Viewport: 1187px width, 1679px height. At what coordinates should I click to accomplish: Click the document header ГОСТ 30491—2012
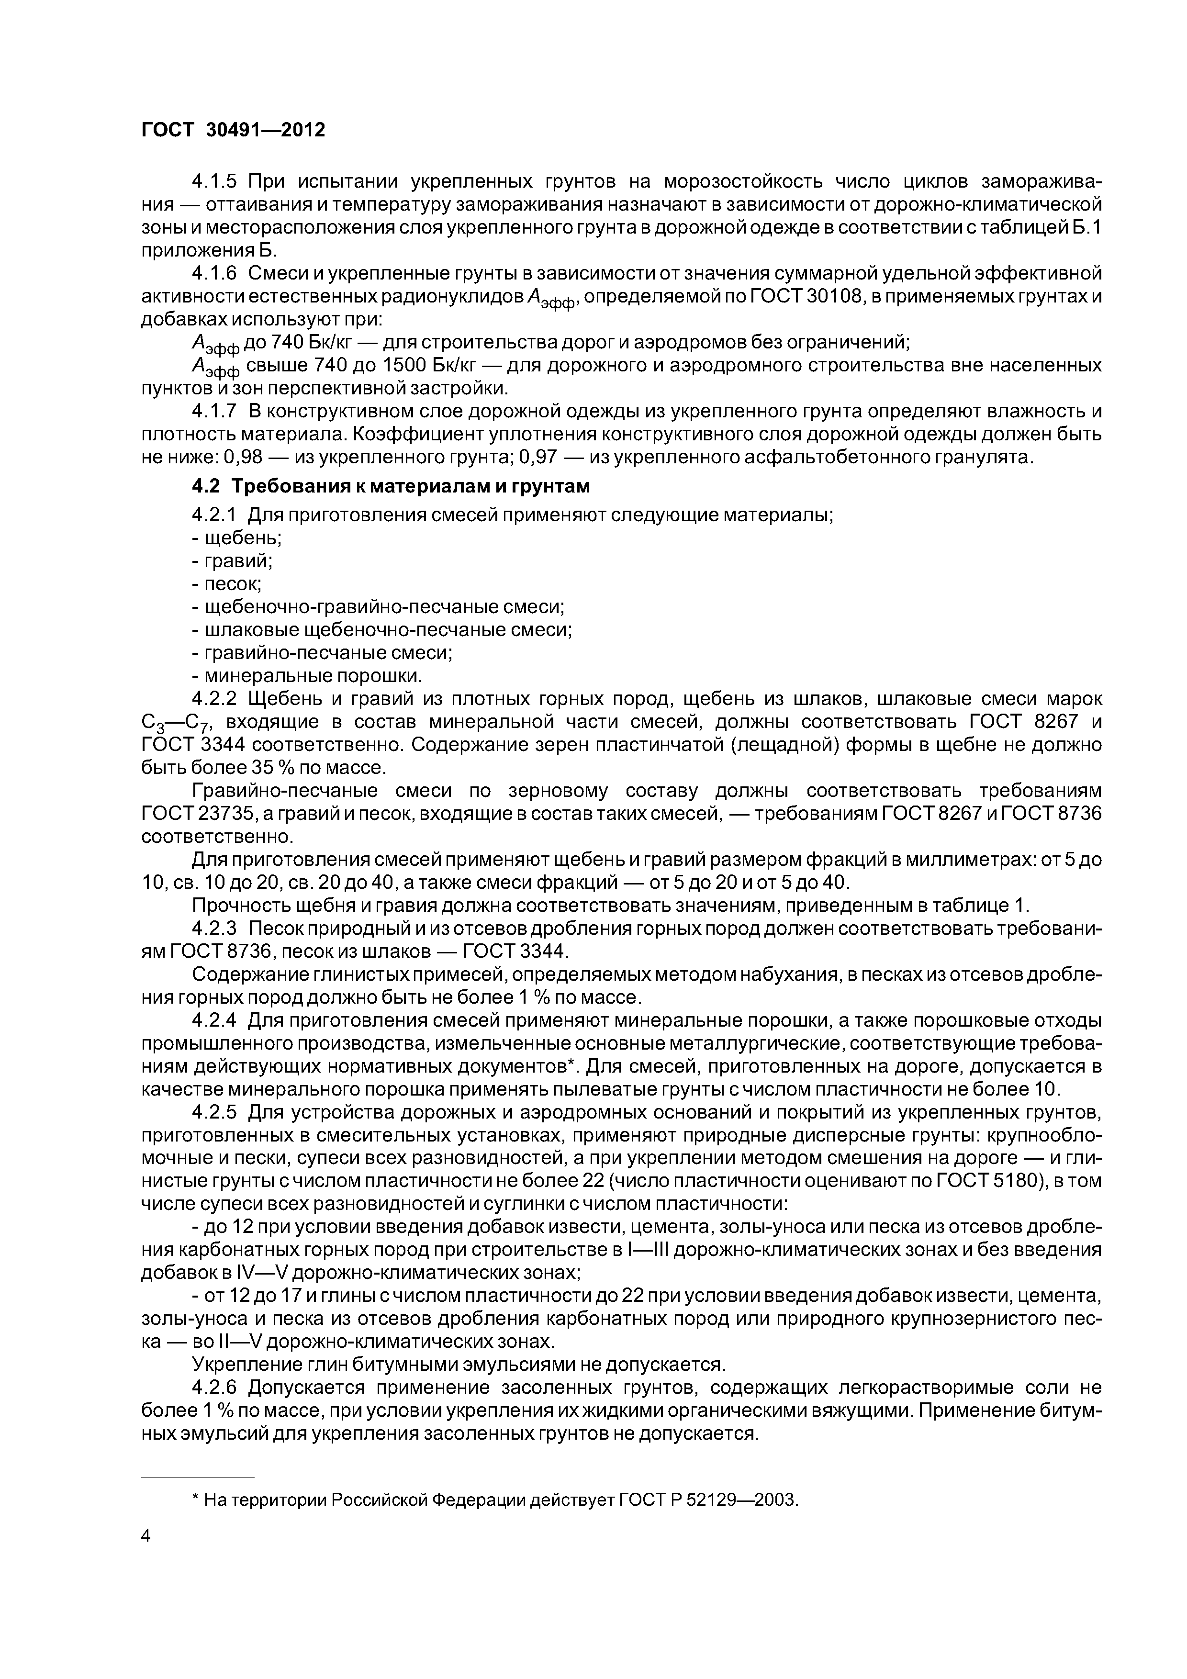click(x=233, y=130)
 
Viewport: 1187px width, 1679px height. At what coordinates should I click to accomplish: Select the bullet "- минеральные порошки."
click(x=307, y=675)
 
